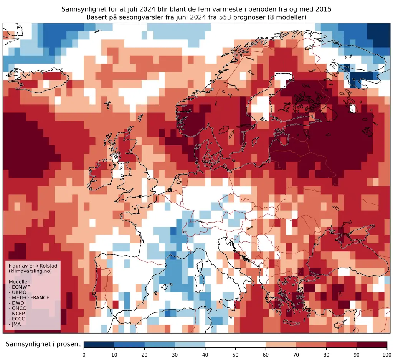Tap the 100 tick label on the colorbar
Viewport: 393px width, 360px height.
pyautogui.click(x=387, y=354)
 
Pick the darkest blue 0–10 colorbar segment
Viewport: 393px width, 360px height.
pyautogui.click(x=99, y=344)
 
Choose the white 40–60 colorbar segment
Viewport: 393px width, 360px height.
pyautogui.click(x=236, y=344)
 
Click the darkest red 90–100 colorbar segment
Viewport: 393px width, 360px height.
pyautogui.click(x=372, y=344)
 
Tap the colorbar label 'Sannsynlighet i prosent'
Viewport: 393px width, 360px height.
pyautogui.click(x=43, y=344)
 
